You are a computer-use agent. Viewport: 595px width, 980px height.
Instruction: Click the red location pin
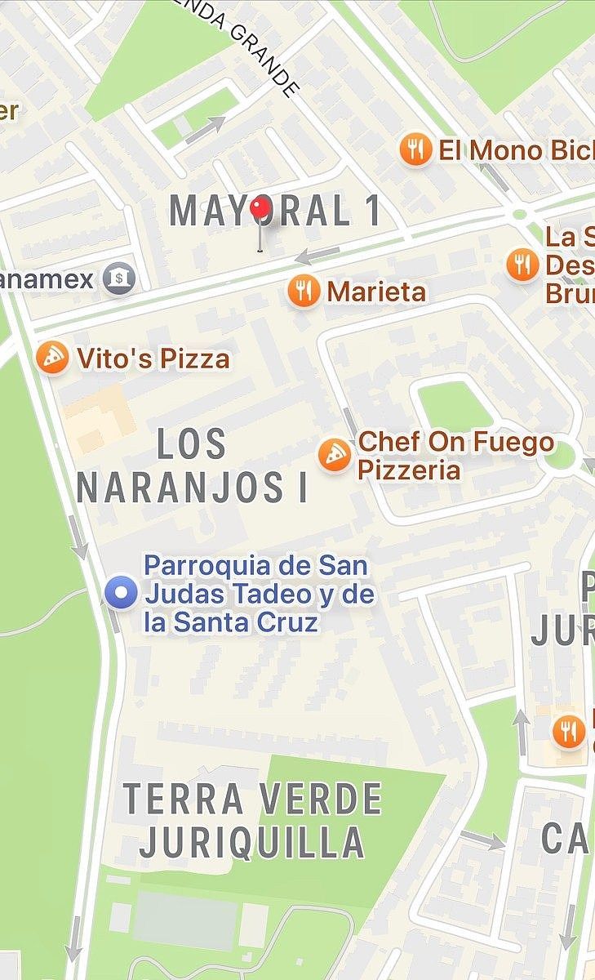point(261,209)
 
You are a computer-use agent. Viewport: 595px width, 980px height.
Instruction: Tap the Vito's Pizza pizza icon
point(53,359)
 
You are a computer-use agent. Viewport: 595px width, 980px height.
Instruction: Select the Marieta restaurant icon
point(304,291)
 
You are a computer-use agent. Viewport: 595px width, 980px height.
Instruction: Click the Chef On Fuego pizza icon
point(335,455)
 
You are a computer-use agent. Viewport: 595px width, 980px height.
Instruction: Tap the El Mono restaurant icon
point(416,150)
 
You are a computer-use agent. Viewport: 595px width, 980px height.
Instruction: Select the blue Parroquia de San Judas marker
point(122,593)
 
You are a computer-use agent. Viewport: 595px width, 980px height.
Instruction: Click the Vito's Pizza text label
point(153,359)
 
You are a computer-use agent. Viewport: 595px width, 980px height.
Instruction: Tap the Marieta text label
point(376,292)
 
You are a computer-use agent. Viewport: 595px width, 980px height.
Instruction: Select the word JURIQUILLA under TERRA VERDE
point(251,843)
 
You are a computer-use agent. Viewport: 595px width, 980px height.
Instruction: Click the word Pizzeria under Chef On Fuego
point(409,470)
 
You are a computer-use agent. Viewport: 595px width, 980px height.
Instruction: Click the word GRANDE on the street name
point(263,60)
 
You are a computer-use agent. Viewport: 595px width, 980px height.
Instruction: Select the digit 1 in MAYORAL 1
point(371,212)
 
